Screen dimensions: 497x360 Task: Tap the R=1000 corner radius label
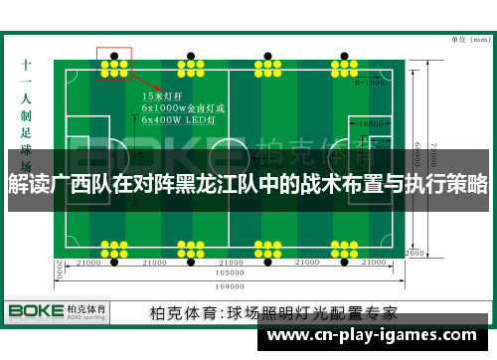tap(369, 83)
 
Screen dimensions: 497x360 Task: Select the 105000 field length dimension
tap(229, 271)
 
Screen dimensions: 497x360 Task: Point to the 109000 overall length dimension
tap(229, 281)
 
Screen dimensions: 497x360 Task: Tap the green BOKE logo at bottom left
tap(36, 310)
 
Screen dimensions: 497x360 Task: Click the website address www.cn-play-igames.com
tap(376, 336)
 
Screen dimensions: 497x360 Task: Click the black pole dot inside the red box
tap(114, 54)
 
